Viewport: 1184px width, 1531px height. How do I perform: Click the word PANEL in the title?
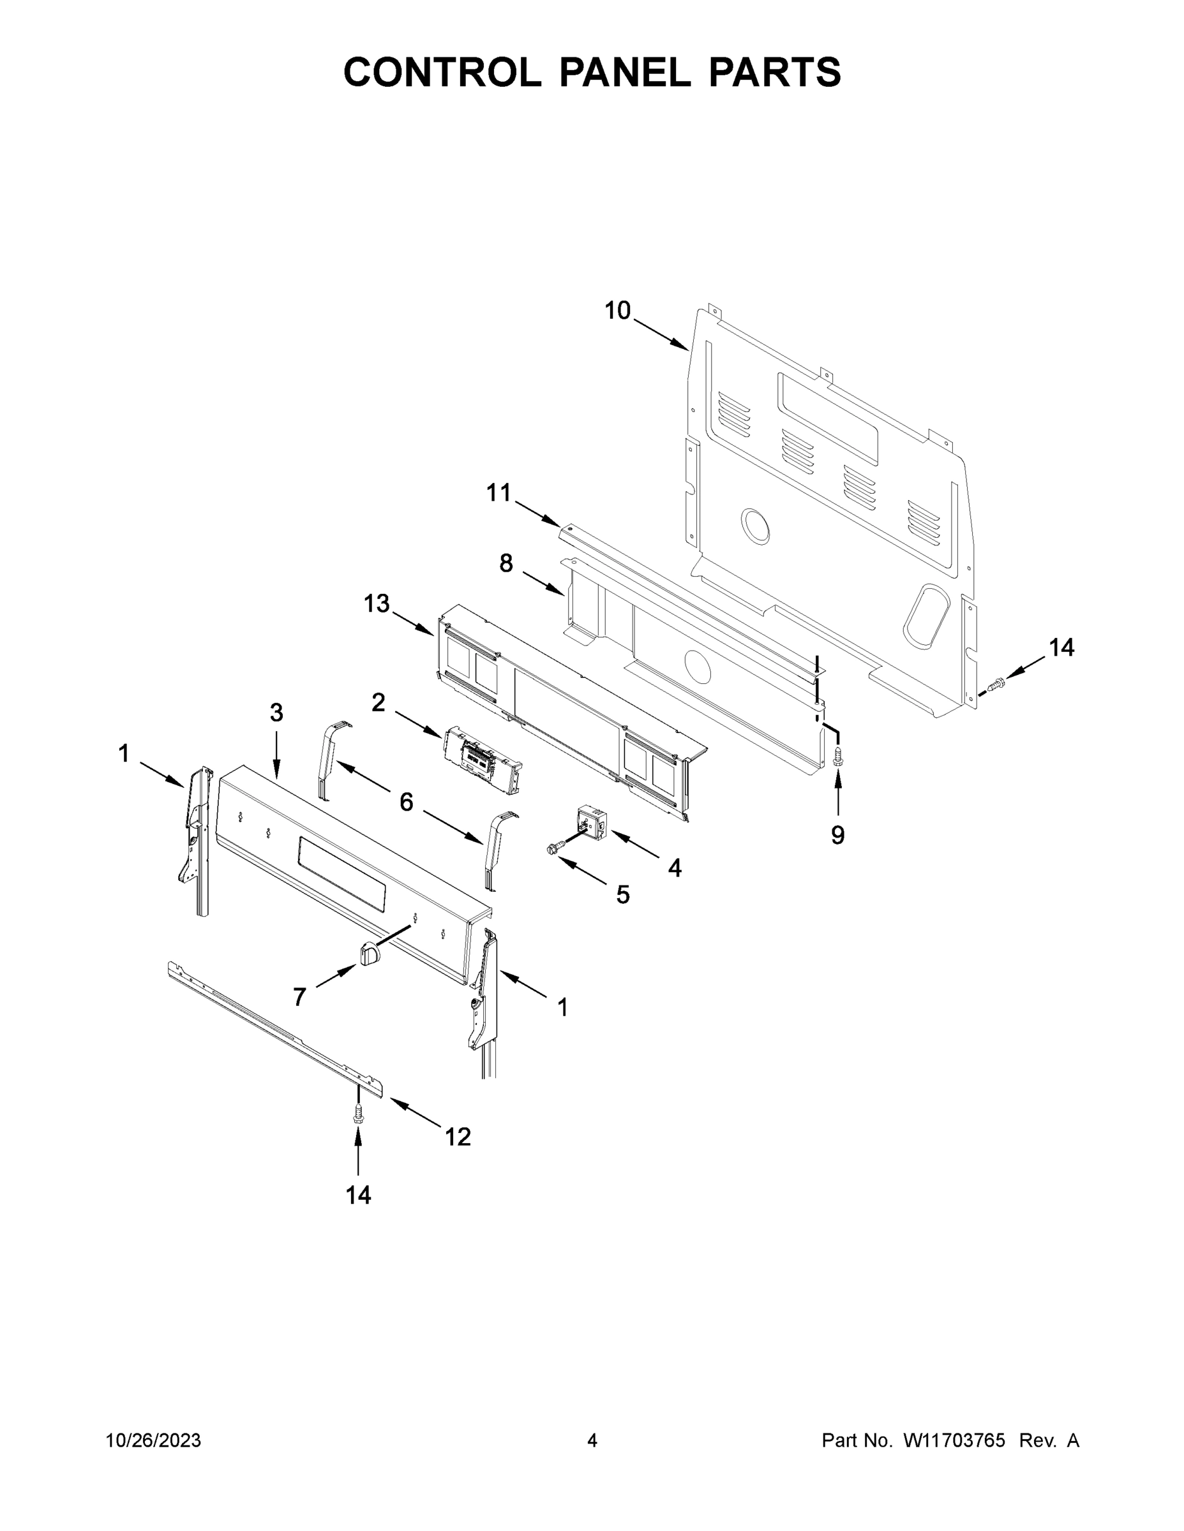click(x=625, y=72)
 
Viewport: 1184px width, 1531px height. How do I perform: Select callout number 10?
click(x=617, y=311)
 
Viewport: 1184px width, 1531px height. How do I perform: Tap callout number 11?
click(x=498, y=493)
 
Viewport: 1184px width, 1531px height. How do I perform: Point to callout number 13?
click(x=377, y=603)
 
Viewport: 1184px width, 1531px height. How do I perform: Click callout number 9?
click(x=837, y=834)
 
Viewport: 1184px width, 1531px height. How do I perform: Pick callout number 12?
click(x=458, y=1136)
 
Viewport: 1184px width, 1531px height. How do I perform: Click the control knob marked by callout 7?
click(x=370, y=954)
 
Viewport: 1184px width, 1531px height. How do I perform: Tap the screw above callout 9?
click(x=837, y=757)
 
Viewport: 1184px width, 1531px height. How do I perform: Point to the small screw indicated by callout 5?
click(x=551, y=850)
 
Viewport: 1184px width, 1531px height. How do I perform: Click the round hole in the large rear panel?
click(x=756, y=526)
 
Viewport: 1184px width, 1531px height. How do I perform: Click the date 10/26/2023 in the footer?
click(x=153, y=1440)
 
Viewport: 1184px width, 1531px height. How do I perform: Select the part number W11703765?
click(x=954, y=1440)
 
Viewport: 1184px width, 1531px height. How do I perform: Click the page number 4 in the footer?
click(x=592, y=1440)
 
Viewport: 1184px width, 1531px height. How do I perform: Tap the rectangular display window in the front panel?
click(x=341, y=874)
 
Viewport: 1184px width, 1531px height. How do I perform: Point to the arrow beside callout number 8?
click(x=544, y=584)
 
